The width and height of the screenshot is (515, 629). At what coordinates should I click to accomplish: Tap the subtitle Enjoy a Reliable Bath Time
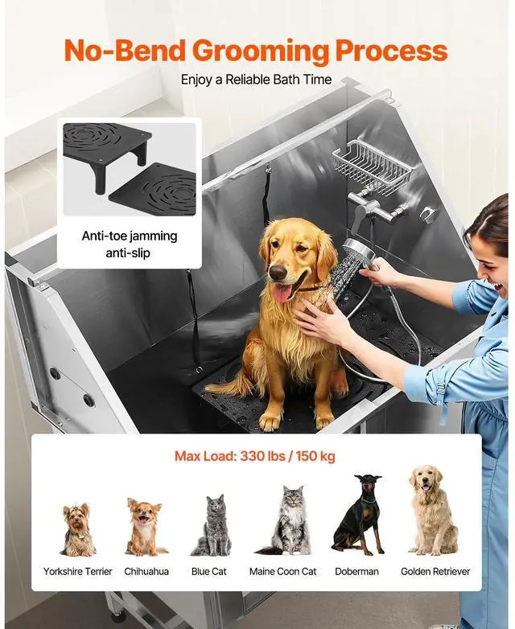(x=256, y=80)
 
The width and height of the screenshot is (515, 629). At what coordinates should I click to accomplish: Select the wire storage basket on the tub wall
(x=372, y=166)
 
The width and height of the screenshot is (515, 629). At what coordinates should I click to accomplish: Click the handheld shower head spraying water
(x=357, y=250)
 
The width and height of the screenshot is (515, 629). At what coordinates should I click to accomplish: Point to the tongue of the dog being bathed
(x=282, y=293)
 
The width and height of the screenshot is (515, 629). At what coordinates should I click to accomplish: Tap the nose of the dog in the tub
(x=278, y=273)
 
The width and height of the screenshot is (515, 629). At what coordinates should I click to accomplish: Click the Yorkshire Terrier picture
(x=77, y=529)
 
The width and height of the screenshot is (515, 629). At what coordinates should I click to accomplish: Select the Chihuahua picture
(x=145, y=526)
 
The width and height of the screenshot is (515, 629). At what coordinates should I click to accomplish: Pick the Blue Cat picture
(x=212, y=525)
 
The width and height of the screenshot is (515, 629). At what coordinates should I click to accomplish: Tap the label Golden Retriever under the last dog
(x=435, y=571)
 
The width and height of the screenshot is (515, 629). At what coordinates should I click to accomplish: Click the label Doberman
(x=356, y=571)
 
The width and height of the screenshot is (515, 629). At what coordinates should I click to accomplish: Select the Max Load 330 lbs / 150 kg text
(x=255, y=456)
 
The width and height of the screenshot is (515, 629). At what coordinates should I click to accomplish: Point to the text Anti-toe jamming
(x=130, y=236)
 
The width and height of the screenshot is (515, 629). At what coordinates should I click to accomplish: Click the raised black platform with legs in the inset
(x=106, y=152)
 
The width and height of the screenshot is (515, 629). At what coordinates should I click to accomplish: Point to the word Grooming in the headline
(x=261, y=51)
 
